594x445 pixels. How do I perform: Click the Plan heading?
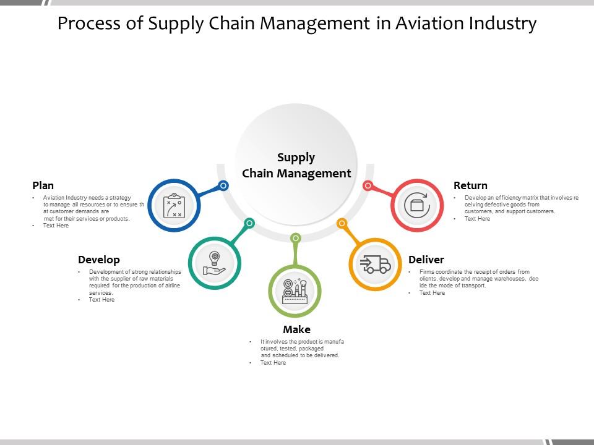[x=43, y=185]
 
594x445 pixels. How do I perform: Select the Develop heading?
[x=99, y=260]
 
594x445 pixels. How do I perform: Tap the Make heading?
[x=296, y=329]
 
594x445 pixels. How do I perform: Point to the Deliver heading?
[x=426, y=260]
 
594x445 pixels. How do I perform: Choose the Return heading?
[x=470, y=185]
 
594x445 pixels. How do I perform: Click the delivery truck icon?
[x=376, y=265]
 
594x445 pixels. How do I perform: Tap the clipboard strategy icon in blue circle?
[x=174, y=205]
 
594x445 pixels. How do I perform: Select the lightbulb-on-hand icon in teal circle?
[x=214, y=263]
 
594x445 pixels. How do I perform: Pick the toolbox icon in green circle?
[x=295, y=291]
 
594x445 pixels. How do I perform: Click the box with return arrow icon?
[x=417, y=205]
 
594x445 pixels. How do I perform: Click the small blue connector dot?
[x=224, y=185]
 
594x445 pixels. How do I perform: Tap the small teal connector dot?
[x=249, y=222]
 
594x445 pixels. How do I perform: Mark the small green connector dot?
[x=296, y=238]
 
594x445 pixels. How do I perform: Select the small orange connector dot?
[x=342, y=222]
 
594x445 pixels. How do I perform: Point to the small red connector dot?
[x=368, y=185]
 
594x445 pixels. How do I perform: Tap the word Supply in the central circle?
[x=296, y=157]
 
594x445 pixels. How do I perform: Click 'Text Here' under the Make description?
[x=273, y=363]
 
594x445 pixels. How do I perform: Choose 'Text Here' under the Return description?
[x=477, y=218]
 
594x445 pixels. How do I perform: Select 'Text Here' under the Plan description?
[x=56, y=226]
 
